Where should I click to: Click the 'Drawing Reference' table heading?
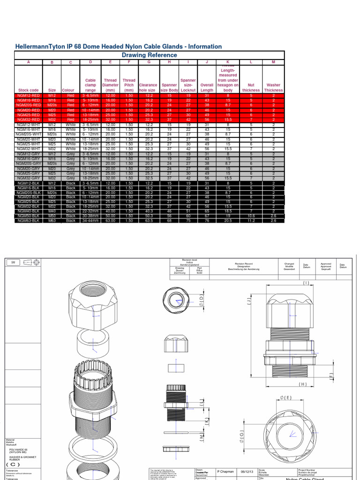point(150,55)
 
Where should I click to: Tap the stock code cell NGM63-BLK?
point(28,221)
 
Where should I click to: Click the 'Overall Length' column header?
point(207,88)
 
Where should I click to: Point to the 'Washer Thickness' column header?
point(273,88)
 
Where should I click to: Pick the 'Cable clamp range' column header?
point(90,85)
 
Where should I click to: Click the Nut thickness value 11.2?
point(251,221)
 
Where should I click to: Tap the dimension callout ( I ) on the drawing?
point(306,283)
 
